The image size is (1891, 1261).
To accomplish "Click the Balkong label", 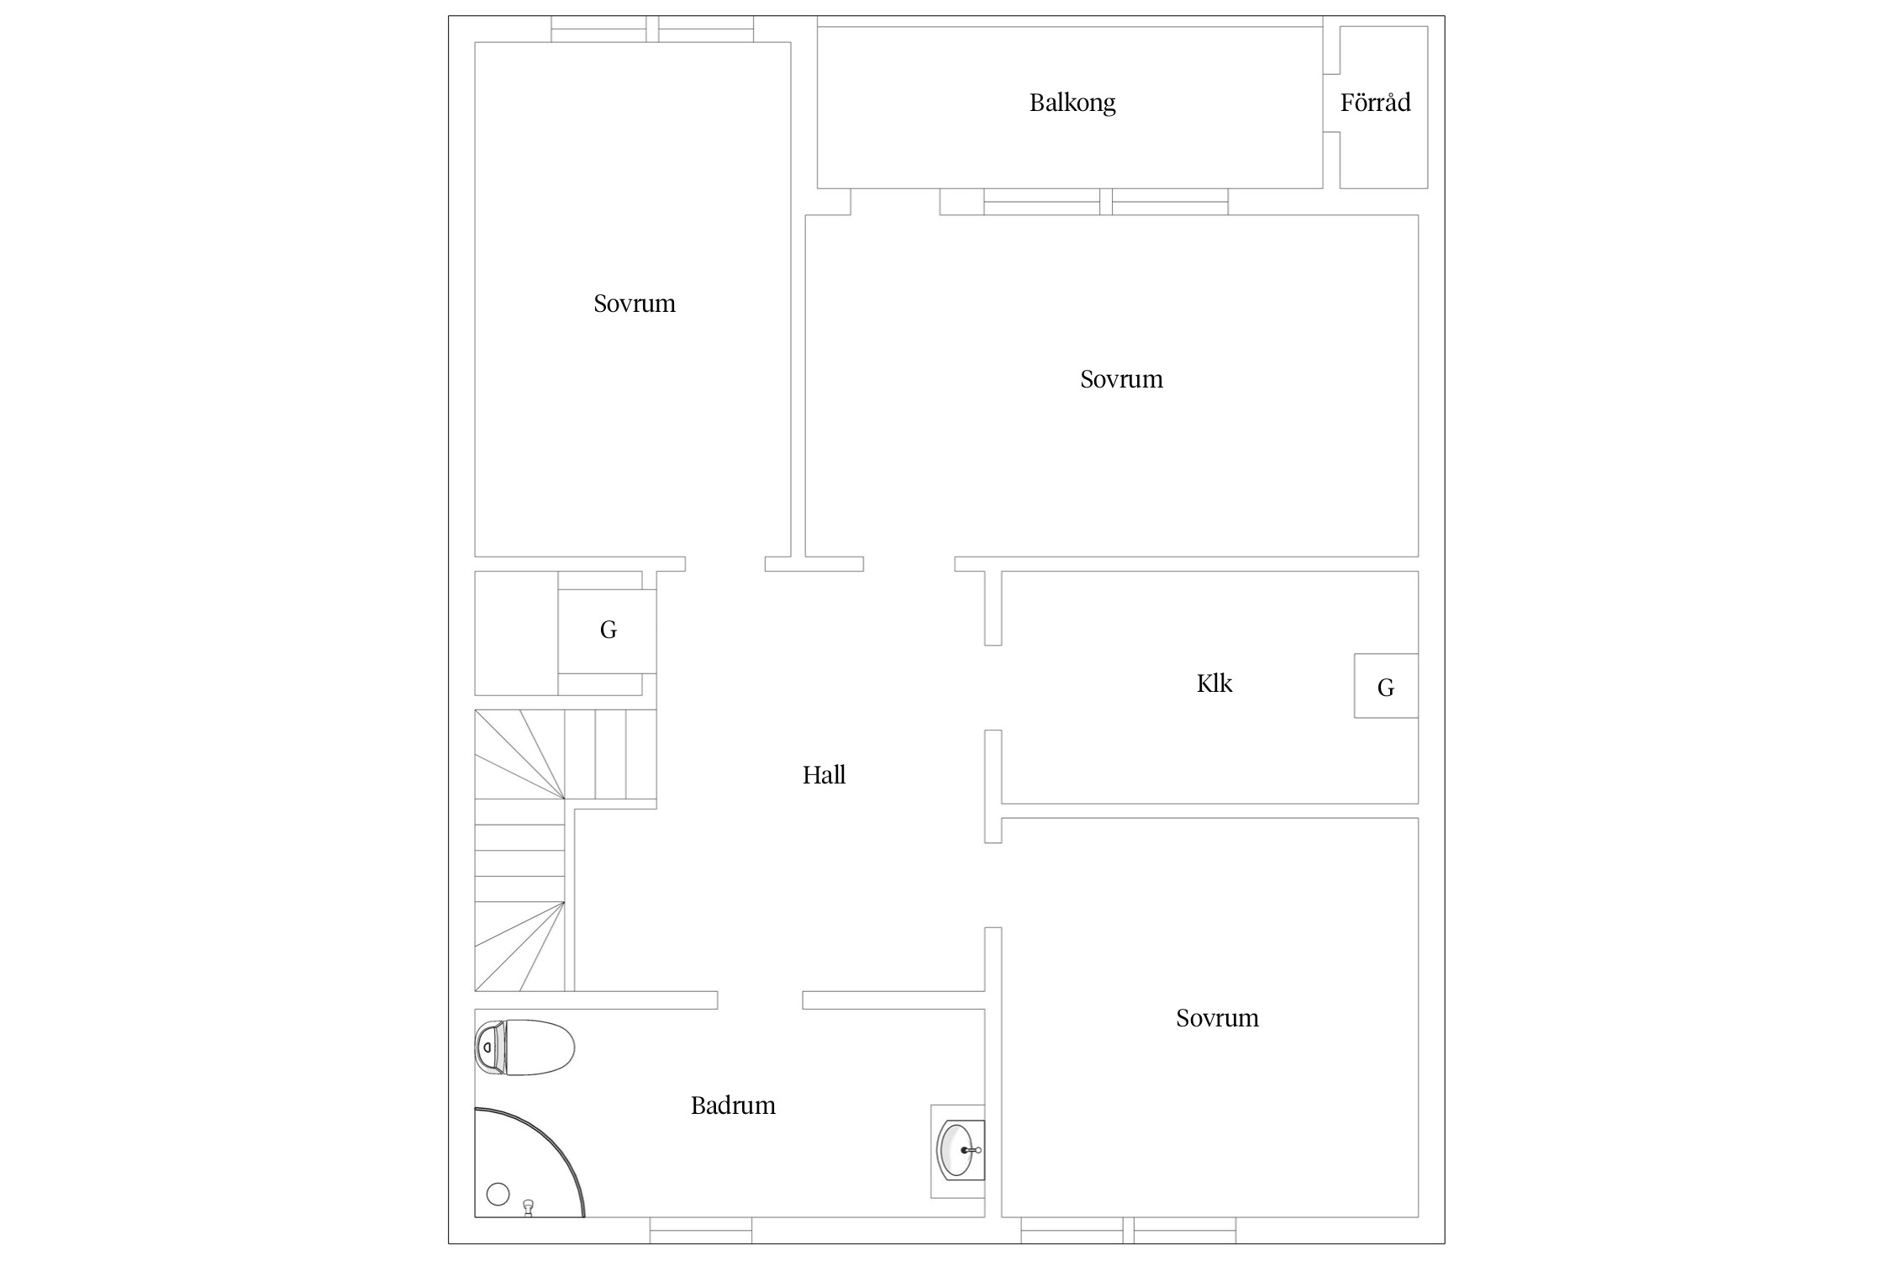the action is [1072, 103].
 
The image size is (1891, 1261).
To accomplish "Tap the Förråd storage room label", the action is [1375, 103].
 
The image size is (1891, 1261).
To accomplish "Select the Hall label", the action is [824, 774].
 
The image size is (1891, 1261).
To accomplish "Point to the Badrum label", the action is [733, 1105].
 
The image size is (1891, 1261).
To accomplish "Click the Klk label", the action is [1214, 683].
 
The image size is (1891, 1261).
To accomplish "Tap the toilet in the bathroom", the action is [524, 1047].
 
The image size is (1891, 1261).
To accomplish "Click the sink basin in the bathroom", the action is [957, 1150].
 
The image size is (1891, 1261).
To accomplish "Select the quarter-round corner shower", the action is [529, 1162].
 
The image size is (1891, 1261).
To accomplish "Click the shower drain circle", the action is [498, 1194].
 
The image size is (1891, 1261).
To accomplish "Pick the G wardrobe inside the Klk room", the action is [1386, 686].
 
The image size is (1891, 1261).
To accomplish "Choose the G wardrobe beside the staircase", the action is [608, 631].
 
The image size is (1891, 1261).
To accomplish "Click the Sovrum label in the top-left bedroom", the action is [635, 303].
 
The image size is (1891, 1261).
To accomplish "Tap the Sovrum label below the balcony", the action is [1121, 379].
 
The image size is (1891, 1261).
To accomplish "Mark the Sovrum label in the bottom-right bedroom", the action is [1217, 1018].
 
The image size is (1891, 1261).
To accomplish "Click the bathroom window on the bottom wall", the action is [701, 1230].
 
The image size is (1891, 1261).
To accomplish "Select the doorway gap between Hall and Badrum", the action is [760, 1000].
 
